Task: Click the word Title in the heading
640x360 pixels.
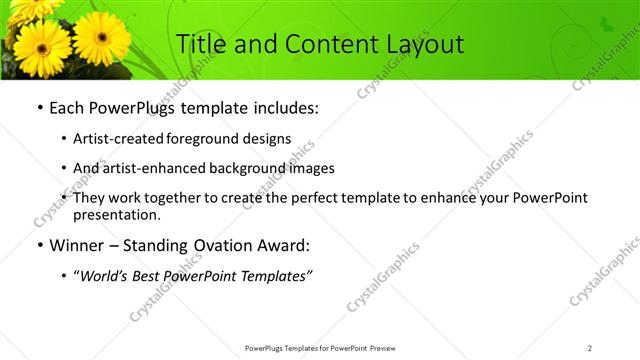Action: click(x=201, y=44)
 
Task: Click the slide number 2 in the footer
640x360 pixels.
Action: click(x=590, y=348)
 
